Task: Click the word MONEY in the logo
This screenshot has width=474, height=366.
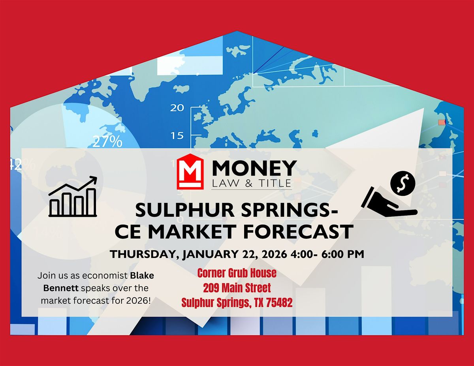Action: tap(254, 168)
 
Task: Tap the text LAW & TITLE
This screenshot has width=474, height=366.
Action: tap(252, 183)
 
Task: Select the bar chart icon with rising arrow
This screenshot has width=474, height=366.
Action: tap(73, 197)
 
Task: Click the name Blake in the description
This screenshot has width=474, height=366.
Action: tap(141, 276)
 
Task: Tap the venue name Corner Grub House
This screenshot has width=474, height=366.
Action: tap(237, 273)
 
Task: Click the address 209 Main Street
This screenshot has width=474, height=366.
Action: tap(237, 287)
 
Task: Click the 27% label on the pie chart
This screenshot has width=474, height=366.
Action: tap(107, 141)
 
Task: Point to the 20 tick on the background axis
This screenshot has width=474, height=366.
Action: tap(177, 107)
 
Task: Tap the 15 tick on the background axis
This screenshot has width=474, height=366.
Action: tap(177, 135)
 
